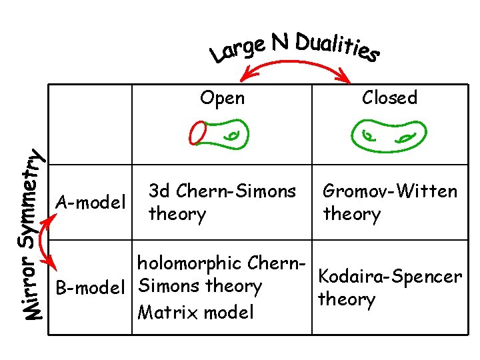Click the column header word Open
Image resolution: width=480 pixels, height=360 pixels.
point(223,99)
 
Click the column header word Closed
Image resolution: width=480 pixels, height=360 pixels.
point(389,98)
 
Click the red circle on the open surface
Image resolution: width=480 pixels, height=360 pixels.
point(198,132)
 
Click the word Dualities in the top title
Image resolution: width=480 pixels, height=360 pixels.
point(337,45)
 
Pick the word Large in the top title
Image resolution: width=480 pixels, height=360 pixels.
point(234,53)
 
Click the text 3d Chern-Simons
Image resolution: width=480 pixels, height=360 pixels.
point(222,191)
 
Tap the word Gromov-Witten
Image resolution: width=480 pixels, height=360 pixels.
point(390,192)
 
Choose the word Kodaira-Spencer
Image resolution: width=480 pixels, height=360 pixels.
point(390,276)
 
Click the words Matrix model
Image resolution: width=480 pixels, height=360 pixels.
point(195,312)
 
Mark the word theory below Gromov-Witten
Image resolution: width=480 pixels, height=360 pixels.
point(351,215)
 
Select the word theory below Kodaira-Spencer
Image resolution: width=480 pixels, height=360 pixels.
point(347,299)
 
